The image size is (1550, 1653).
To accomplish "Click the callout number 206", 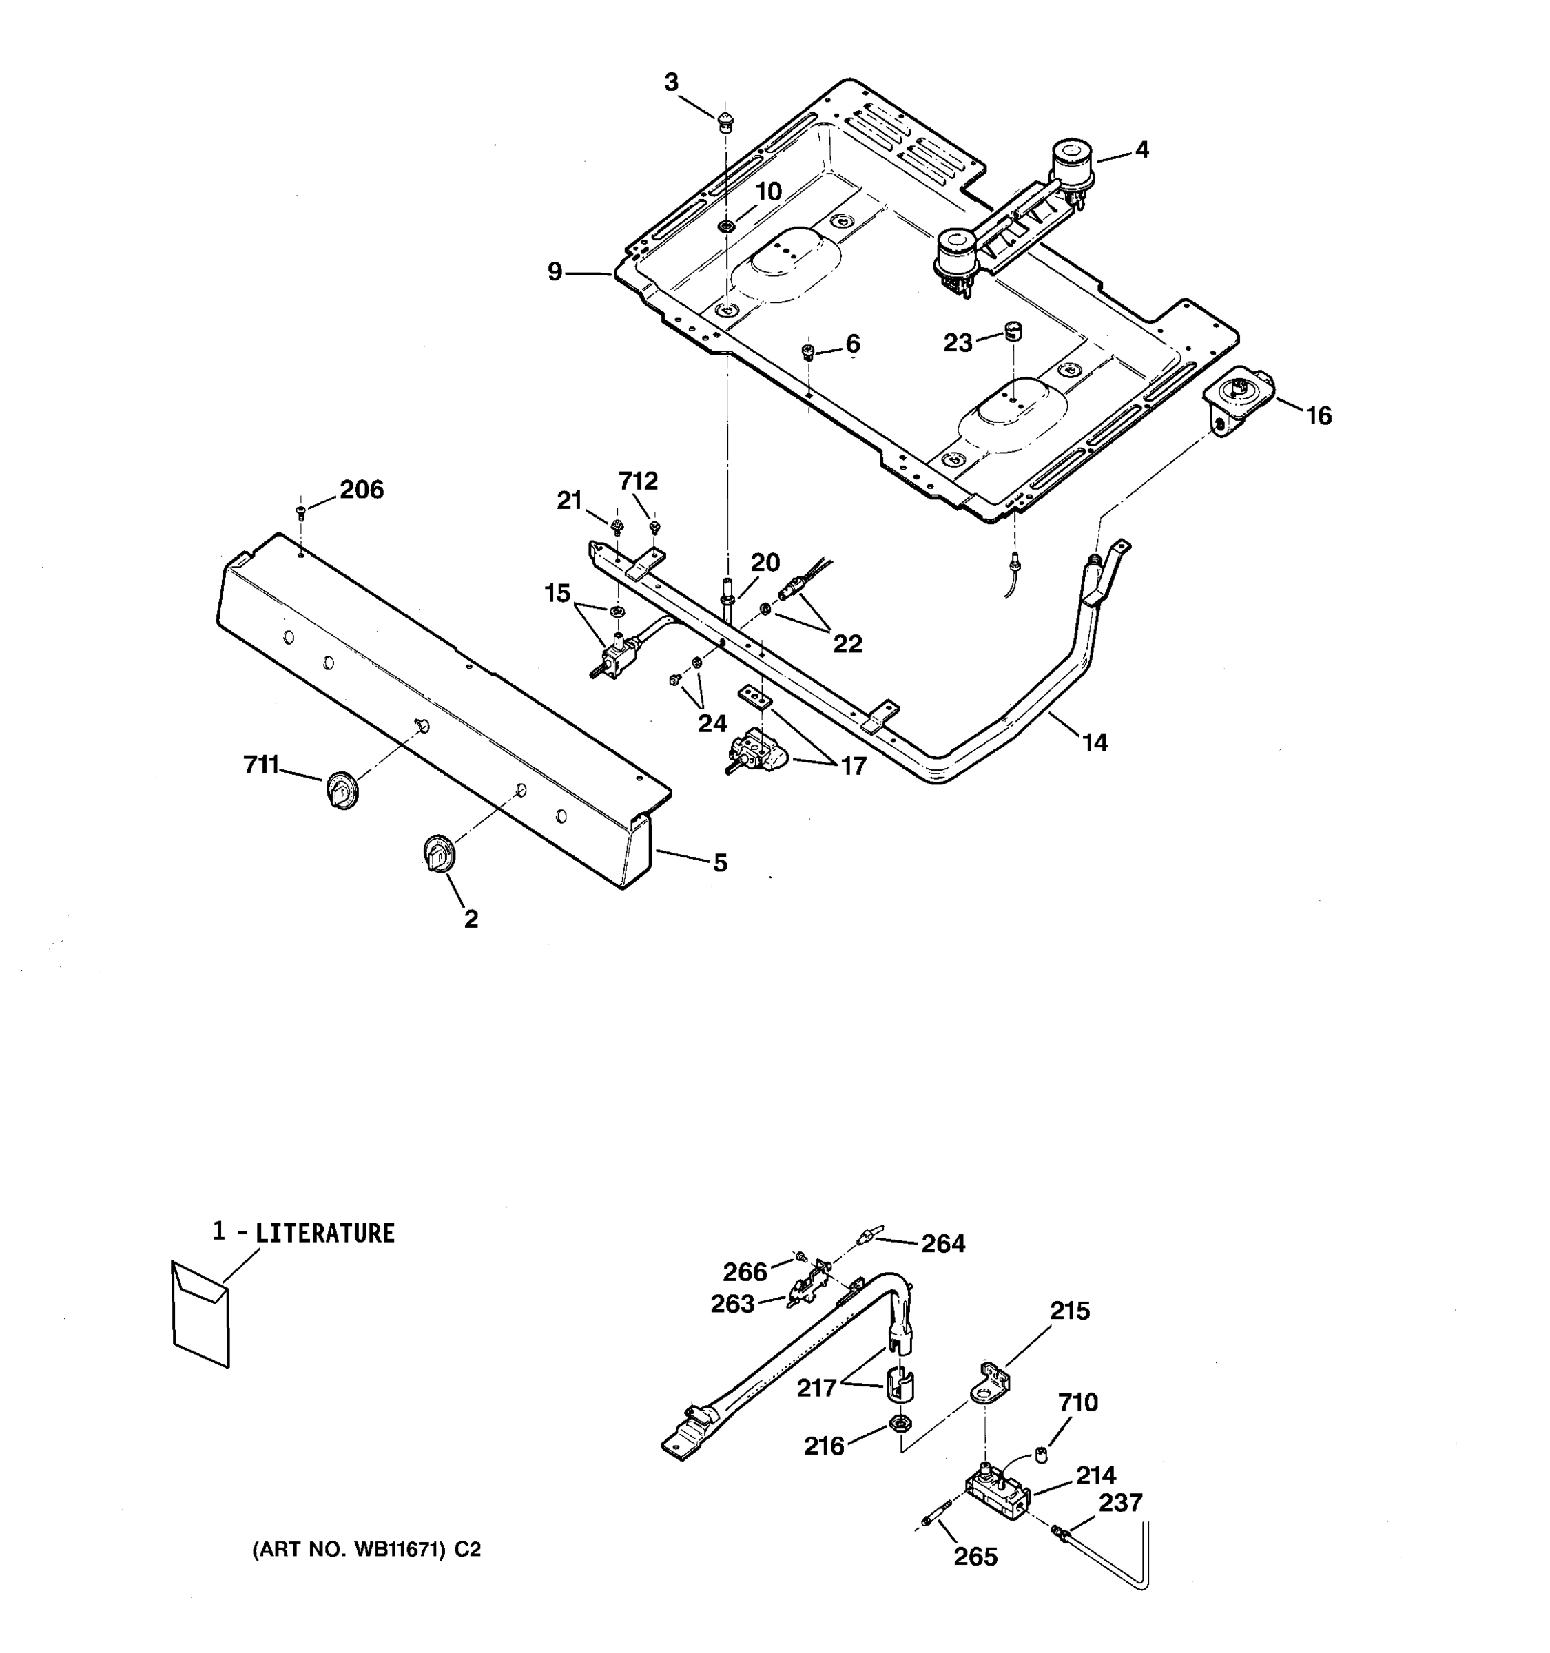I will pyautogui.click(x=361, y=490).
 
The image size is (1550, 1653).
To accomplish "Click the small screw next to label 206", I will pyautogui.click(x=300, y=510).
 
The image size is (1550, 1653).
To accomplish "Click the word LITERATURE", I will pyautogui.click(x=324, y=1232).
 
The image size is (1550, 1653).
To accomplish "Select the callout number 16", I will pyautogui.click(x=1318, y=416).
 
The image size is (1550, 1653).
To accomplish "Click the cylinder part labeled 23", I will pyautogui.click(x=1013, y=330).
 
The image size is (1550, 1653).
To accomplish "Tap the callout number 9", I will pyautogui.click(x=555, y=272).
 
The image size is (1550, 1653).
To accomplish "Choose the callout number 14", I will pyautogui.click(x=1095, y=742).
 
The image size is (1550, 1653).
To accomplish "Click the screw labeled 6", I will pyautogui.click(x=807, y=352).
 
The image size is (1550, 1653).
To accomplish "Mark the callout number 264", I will pyautogui.click(x=943, y=1244).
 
